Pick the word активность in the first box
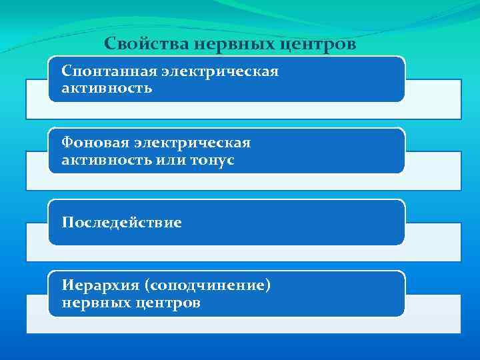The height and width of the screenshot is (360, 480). tap(107, 88)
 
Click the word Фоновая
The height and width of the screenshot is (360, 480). tap(94, 143)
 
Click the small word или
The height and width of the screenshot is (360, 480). tap(170, 160)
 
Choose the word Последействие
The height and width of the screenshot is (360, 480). tap(121, 222)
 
